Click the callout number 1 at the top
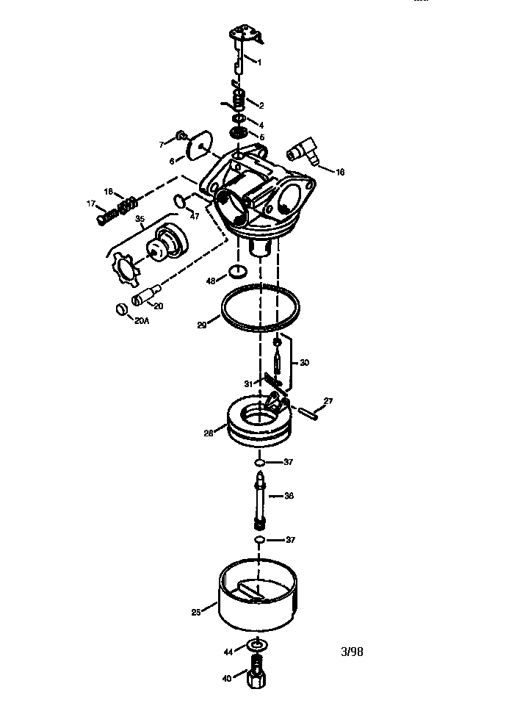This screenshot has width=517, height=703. (258, 63)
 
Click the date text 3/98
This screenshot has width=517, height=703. (352, 652)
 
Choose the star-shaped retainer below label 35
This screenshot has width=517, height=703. (126, 268)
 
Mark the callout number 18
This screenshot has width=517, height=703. (109, 191)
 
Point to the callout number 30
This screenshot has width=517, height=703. (304, 362)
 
